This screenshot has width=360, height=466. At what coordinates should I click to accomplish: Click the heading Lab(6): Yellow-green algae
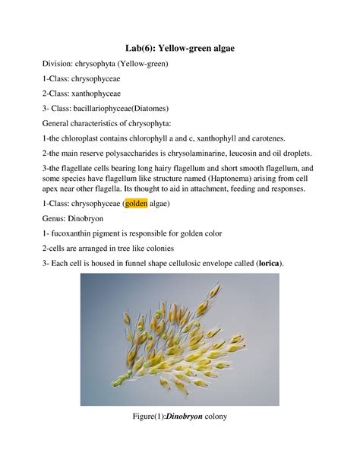[180, 48]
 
